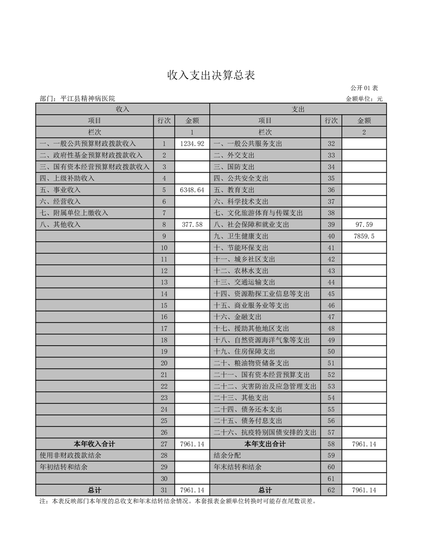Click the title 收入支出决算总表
click(211, 75)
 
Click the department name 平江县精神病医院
click(87, 99)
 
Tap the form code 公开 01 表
click(364, 88)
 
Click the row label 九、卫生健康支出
click(241, 236)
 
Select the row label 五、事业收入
click(60, 190)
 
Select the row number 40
click(331, 236)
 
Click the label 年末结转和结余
click(237, 467)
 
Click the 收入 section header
click(123, 109)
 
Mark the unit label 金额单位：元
click(364, 99)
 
